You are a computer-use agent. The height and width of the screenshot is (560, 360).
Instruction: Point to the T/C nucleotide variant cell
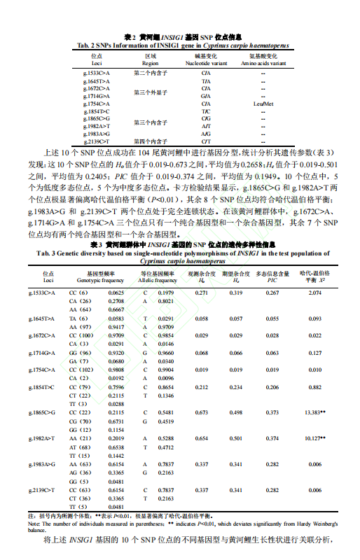tap(206, 111)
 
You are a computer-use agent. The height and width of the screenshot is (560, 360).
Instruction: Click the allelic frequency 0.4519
tap(166, 421)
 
